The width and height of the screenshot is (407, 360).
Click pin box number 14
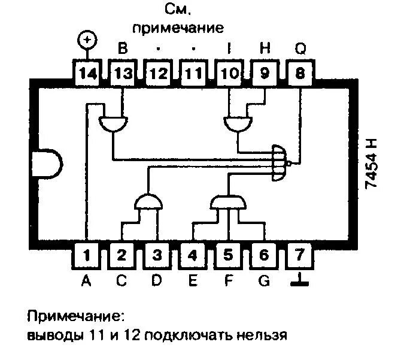[87, 75]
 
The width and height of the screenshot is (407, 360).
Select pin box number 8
[299, 75]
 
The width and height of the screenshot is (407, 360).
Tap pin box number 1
[87, 256]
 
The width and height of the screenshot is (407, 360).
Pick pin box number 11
[193, 75]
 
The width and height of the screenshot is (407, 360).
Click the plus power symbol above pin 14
[87, 41]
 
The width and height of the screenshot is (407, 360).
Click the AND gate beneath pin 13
[112, 123]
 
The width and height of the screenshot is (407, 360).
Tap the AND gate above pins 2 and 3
[148, 202]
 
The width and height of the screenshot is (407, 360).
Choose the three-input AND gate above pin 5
[228, 202]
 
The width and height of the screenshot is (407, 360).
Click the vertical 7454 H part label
[372, 163]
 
